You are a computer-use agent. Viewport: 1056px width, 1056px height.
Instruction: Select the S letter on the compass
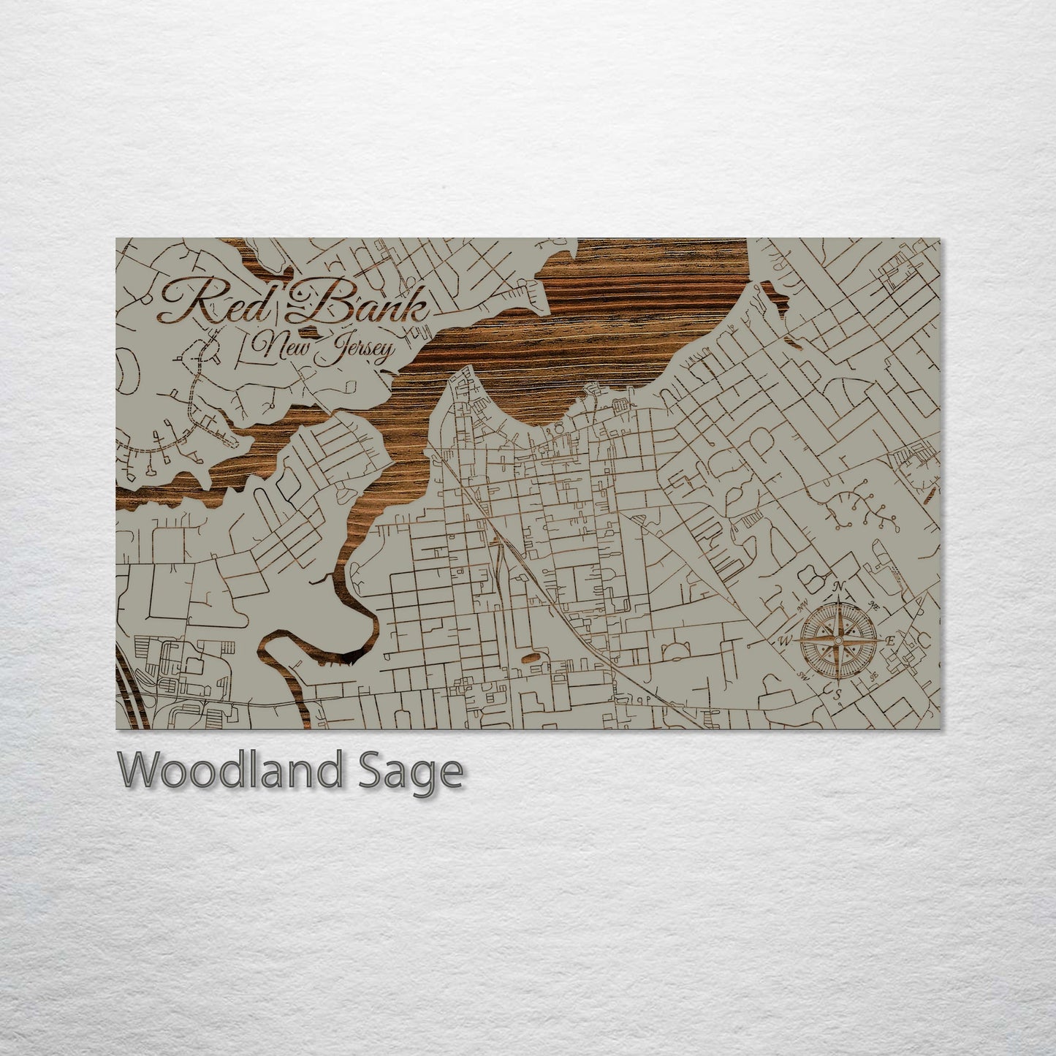pos(839,693)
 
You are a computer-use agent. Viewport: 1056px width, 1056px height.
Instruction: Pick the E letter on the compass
pos(890,641)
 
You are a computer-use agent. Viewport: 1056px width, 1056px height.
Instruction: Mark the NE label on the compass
pos(873,606)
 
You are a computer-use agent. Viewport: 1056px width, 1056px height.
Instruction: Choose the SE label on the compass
pos(874,675)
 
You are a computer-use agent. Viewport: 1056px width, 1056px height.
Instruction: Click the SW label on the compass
pos(804,675)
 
